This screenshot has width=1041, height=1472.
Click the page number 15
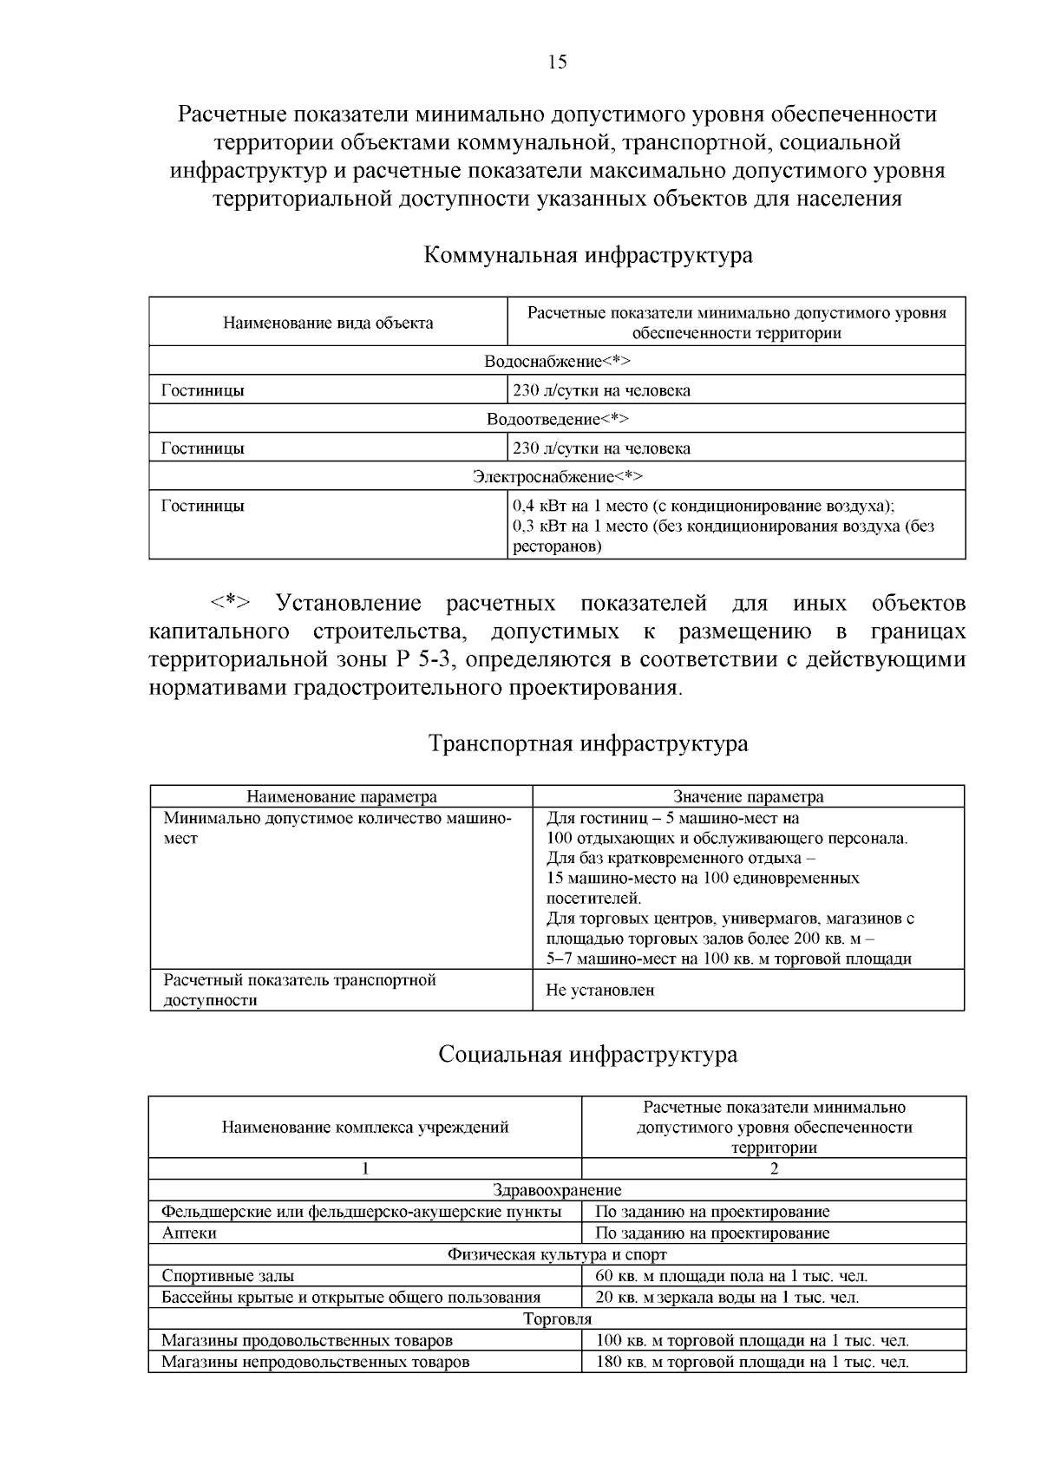click(557, 62)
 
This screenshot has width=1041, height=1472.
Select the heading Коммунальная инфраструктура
click(588, 256)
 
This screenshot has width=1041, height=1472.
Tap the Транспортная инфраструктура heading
click(588, 744)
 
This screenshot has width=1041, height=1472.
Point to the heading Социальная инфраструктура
click(588, 1055)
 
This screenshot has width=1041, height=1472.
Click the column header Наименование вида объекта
click(328, 323)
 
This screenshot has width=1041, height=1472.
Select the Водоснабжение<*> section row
click(557, 361)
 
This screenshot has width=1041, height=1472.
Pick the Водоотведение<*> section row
click(557, 419)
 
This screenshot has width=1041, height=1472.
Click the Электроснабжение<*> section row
click(557, 476)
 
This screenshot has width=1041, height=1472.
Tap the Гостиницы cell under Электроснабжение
click(203, 506)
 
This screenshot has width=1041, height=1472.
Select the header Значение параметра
click(749, 796)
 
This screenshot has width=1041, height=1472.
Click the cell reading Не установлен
click(600, 990)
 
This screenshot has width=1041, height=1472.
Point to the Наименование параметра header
click(342, 796)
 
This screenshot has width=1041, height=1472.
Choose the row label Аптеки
click(189, 1233)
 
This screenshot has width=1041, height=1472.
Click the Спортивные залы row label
click(227, 1276)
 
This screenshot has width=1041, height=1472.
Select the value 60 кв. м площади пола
click(731, 1276)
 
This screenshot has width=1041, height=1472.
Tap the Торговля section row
click(557, 1319)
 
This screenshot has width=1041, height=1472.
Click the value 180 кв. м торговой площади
click(751, 1362)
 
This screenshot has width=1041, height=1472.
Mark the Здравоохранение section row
click(557, 1190)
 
